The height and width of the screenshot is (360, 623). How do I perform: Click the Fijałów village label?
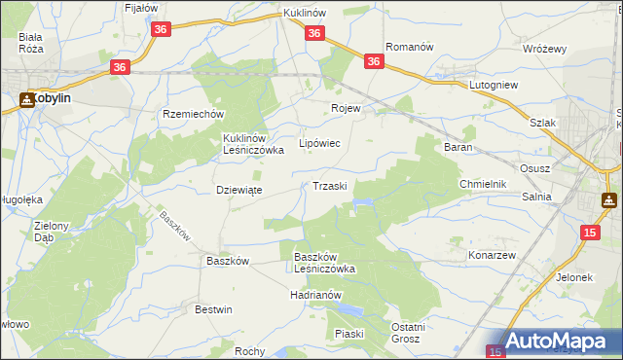coord(141,8)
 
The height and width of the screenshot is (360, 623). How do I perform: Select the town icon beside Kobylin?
coord(26,98)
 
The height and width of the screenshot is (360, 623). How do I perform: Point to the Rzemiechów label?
coord(189,113)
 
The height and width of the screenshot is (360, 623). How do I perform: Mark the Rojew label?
coord(346,108)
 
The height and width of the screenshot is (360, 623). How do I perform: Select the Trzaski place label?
coord(330,186)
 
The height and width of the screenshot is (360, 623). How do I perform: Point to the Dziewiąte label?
coord(238,190)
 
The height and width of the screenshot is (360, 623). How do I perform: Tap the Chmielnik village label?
coord(484,184)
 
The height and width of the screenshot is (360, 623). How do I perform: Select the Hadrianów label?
coord(316,294)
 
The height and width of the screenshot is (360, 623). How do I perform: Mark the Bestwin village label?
coord(214,309)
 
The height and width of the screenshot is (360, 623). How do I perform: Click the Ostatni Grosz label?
coord(407,333)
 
